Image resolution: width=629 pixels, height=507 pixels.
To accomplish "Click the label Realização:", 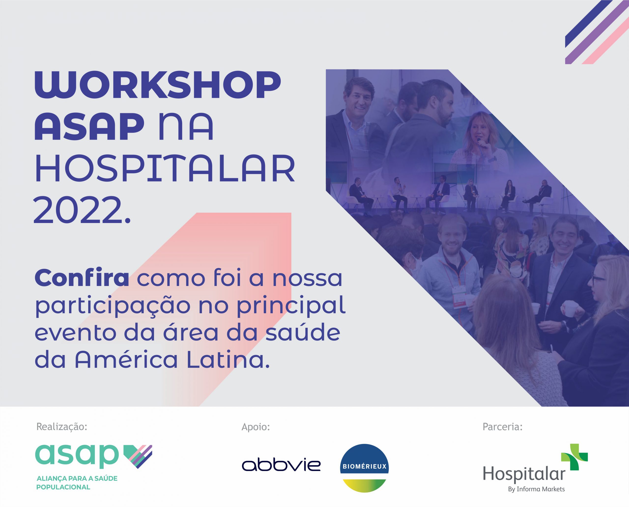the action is [62, 427].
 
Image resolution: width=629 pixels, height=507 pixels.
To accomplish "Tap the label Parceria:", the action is [502, 427].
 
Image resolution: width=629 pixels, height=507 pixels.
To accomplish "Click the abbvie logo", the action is [281, 465].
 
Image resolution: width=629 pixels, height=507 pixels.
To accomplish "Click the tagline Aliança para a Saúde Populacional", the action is [77, 483].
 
